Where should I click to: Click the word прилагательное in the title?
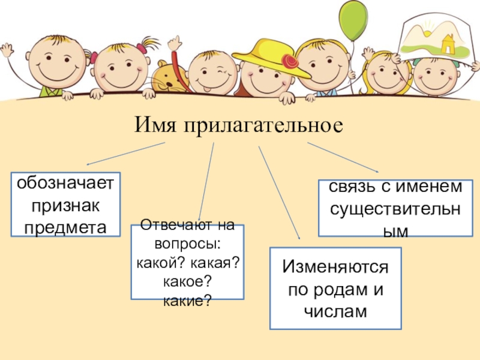(x=263, y=126)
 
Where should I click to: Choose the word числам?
(x=335, y=311)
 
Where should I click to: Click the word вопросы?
(x=187, y=244)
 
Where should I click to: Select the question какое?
(x=187, y=281)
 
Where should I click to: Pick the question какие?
(x=187, y=299)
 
